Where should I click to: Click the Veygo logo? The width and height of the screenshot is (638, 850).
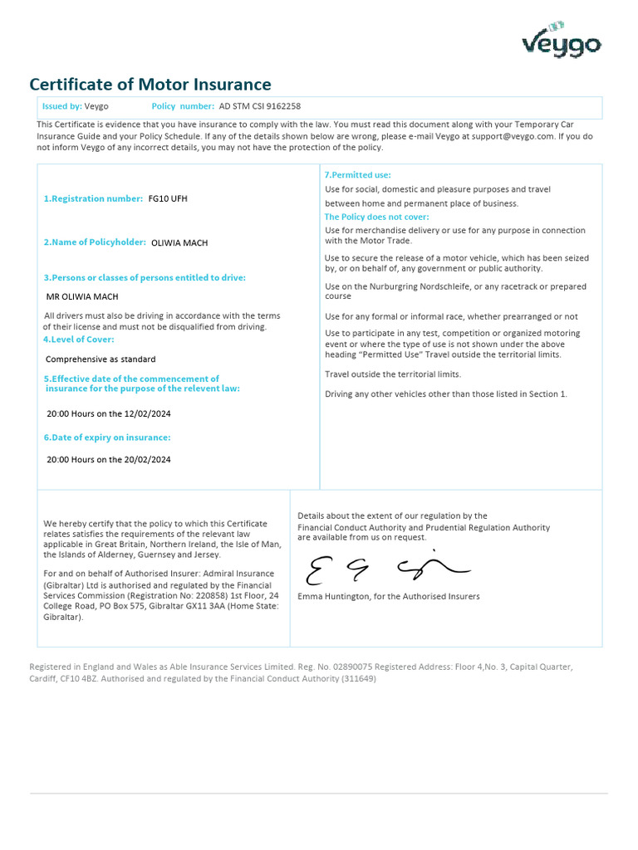tap(561, 41)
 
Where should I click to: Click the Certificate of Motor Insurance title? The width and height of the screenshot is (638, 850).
tap(150, 85)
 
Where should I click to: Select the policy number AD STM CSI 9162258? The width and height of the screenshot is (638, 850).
tap(259, 106)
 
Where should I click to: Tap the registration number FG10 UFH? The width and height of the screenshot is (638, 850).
tap(168, 199)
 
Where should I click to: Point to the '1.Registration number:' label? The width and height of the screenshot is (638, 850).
tap(93, 199)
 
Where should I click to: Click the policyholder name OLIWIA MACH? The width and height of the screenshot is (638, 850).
tap(179, 243)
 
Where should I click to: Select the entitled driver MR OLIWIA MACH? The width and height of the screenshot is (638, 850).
tap(82, 296)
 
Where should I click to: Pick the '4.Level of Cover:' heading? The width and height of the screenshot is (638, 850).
tap(79, 340)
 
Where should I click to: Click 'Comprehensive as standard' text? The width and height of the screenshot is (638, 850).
tap(101, 359)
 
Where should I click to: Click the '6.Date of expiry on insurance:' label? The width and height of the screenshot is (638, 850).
tap(107, 437)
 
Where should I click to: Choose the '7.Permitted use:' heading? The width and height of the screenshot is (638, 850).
tap(357, 175)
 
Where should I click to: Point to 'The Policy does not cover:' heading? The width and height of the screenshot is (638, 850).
tap(376, 217)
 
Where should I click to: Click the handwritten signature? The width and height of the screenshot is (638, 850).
tap(387, 569)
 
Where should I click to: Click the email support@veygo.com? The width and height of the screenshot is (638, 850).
tap(513, 136)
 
